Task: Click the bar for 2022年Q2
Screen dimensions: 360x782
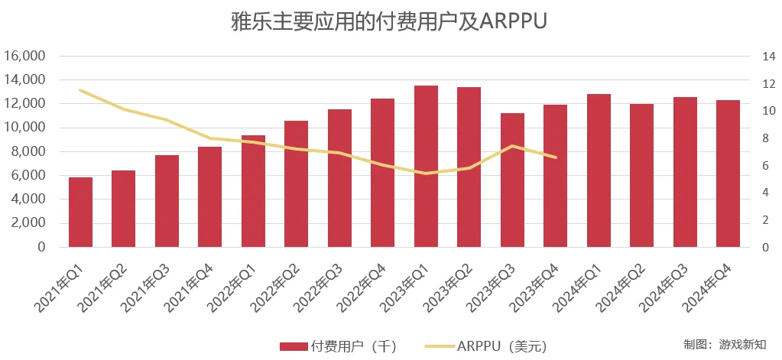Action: pos(296,184)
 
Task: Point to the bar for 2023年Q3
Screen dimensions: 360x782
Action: pos(512,180)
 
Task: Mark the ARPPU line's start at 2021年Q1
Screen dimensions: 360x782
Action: pos(80,90)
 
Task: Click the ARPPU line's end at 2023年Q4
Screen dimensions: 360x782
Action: pos(556,157)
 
